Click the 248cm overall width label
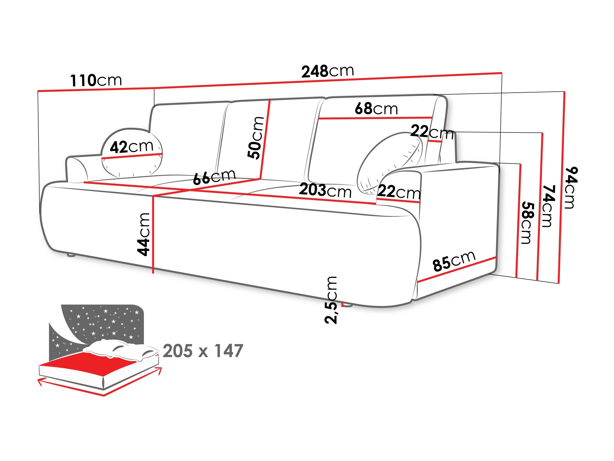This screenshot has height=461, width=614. click(x=328, y=71)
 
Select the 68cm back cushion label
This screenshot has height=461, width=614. click(x=376, y=109)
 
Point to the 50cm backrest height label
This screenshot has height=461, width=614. click(x=256, y=138)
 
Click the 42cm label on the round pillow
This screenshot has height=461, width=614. click(x=131, y=146)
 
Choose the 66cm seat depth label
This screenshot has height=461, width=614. click(x=214, y=177)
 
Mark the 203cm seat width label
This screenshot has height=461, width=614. click(x=325, y=191)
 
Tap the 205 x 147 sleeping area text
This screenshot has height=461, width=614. click(x=203, y=351)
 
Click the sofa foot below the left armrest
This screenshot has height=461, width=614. click(x=71, y=255)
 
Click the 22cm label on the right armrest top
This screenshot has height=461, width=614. click(x=399, y=192)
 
